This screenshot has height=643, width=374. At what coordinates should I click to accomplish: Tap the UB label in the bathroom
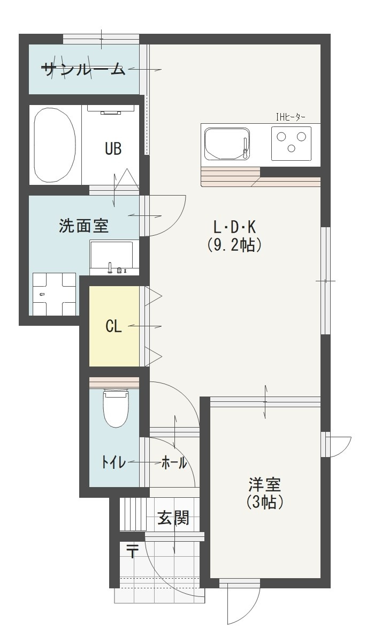(113, 149)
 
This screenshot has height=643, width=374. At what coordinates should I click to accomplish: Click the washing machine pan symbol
(54, 294)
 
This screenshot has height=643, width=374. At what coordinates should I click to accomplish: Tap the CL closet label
(113, 326)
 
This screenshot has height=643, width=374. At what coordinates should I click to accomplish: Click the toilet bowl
(116, 408)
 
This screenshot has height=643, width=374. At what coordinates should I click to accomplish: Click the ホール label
(174, 463)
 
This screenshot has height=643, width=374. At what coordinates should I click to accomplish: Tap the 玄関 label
(173, 518)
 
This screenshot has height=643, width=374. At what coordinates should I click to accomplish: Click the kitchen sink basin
(227, 144)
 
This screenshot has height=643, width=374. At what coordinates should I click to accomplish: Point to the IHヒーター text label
(291, 116)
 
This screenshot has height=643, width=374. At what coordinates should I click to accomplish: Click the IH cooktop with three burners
(291, 142)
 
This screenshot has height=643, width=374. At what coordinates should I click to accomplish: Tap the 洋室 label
(264, 485)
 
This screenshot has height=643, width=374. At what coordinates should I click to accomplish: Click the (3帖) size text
(264, 503)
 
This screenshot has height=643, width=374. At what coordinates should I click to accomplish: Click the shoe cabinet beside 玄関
(133, 514)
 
